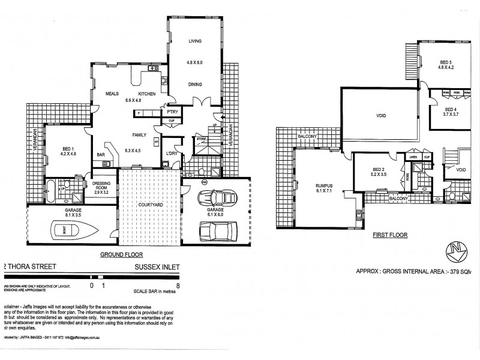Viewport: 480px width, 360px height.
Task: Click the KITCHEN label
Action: coord(148,94)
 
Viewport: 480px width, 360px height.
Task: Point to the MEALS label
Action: coord(114,94)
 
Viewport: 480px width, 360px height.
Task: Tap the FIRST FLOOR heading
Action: coord(388,236)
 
